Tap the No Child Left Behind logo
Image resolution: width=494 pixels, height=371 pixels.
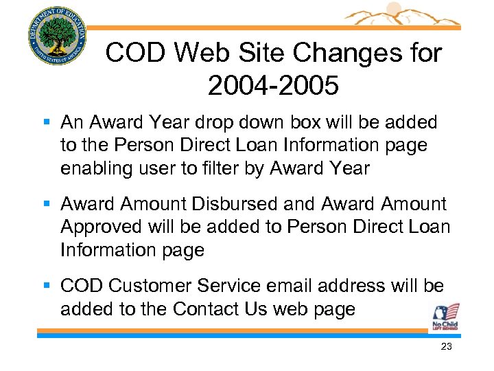coord(445,317)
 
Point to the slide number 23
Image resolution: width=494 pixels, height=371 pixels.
coord(446,347)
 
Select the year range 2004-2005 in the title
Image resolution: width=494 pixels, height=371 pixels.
coord(272,86)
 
